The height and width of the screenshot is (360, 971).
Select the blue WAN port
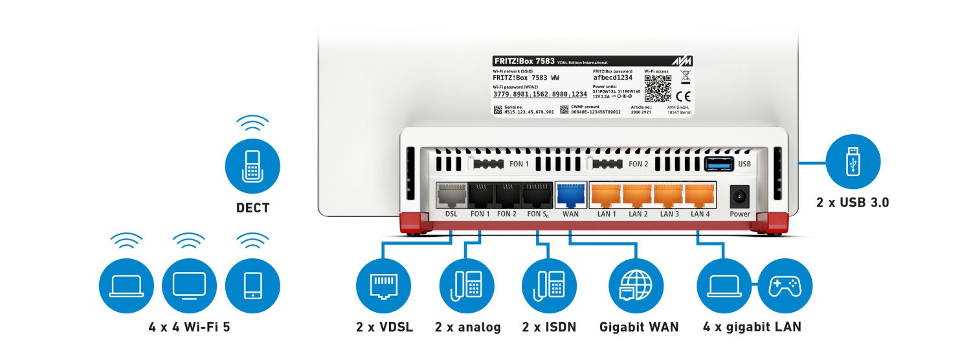tap(570, 194)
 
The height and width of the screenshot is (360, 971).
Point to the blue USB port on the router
tap(718, 163)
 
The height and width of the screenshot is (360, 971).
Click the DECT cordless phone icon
tap(252, 167)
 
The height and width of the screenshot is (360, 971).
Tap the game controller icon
tap(785, 286)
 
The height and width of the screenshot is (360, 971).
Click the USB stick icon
tap(853, 162)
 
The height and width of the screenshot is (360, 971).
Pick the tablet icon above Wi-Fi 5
tap(252, 286)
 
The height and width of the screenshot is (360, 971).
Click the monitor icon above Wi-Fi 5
tap(189, 286)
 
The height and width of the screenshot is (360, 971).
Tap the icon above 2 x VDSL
tap(384, 286)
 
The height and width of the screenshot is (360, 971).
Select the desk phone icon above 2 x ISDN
tap(550, 286)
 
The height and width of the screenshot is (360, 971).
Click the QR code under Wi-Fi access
tap(657, 89)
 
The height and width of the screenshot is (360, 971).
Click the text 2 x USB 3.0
tap(853, 203)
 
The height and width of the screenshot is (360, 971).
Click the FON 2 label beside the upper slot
tap(638, 164)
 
